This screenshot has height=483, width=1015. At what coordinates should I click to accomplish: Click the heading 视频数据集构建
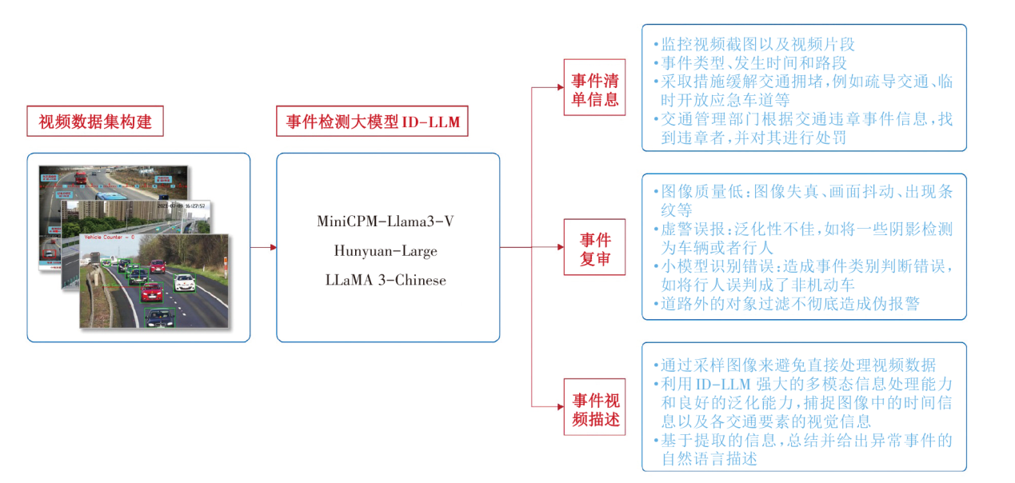click(x=95, y=122)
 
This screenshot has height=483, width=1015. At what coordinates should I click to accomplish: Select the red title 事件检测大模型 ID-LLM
click(x=372, y=122)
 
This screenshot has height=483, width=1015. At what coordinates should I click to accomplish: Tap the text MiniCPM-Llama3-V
click(x=386, y=222)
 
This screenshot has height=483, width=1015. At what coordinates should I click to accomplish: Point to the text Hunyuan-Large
click(x=386, y=251)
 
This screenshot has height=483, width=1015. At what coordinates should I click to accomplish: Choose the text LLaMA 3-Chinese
click(x=386, y=280)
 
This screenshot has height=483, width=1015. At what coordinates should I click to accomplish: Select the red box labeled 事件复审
click(x=594, y=247)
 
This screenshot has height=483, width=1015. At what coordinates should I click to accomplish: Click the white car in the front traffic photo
click(x=185, y=281)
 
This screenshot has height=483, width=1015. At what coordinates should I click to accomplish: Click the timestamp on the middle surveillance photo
click(x=182, y=206)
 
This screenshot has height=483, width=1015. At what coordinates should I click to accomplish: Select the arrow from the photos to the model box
click(x=263, y=247)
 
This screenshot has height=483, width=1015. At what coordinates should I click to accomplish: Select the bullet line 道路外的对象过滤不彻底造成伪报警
click(x=790, y=304)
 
